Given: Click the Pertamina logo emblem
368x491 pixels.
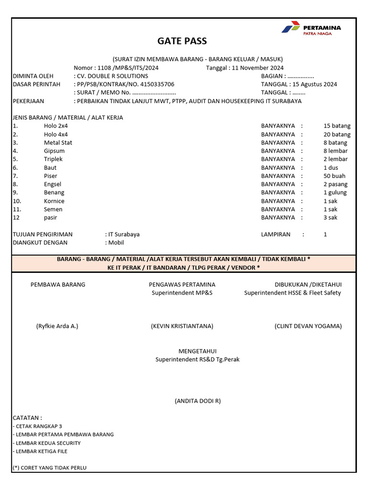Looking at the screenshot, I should tap(290, 28).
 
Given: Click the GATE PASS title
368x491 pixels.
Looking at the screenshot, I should tap(183, 41).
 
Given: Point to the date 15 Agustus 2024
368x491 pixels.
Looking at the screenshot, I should tap(315, 84).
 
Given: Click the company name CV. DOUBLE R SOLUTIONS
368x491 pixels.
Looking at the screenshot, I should tap(112, 76).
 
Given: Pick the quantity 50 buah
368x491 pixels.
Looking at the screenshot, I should tap(334, 176).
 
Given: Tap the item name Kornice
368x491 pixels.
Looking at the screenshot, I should tap(54, 201).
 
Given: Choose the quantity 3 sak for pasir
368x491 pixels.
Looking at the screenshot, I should tap(330, 217).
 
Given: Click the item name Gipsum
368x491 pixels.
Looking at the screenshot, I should tap(54, 151).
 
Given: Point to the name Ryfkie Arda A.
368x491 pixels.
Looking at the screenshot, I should tap(57, 326).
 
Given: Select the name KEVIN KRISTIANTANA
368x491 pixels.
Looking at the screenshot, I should tap(182, 326).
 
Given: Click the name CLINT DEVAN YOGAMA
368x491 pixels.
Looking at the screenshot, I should tap(308, 326).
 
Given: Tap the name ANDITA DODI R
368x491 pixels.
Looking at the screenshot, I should tap(197, 401).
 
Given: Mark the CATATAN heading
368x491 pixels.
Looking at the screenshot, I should tap(27, 418).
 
